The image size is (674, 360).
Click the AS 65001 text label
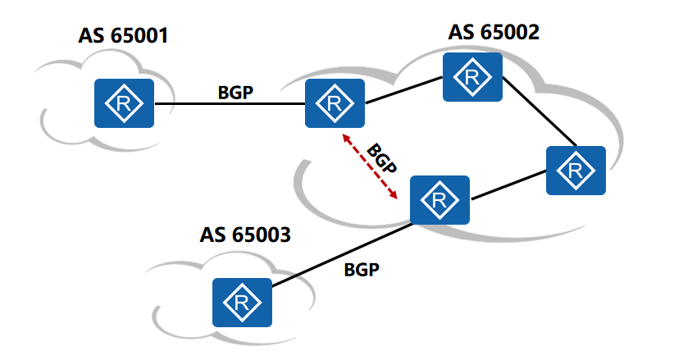(123, 36)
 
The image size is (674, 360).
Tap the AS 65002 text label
(494, 33)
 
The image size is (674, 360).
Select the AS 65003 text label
(245, 235)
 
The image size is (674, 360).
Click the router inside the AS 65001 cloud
(124, 103)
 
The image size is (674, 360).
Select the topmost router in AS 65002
(472, 77)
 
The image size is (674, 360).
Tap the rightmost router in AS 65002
(576, 171)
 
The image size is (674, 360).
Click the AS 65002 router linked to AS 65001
(335, 103)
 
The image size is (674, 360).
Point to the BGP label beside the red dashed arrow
(381, 160)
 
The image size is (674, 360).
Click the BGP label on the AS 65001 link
(235, 92)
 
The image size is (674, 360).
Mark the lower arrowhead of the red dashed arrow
(394, 196)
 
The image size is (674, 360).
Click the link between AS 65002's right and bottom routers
(508, 185)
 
